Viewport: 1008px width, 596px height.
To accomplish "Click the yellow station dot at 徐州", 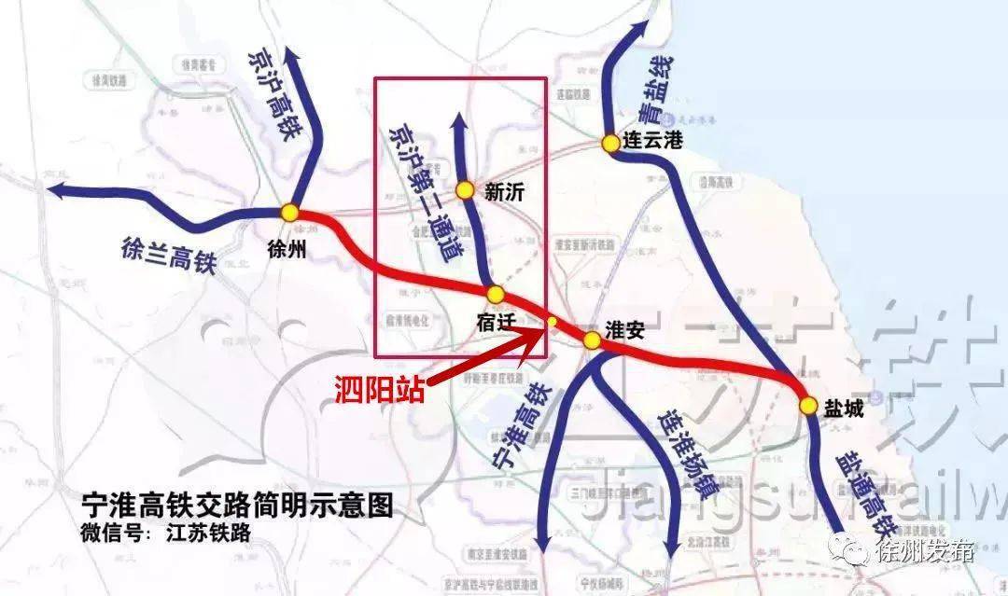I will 290,214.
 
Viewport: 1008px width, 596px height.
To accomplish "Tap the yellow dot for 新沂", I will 465,190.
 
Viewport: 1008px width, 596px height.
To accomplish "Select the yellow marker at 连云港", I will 610,144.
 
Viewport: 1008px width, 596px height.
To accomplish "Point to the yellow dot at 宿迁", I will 496,295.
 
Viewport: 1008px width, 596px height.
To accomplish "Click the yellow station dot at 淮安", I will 592,340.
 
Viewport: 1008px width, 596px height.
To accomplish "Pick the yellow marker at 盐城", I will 808,406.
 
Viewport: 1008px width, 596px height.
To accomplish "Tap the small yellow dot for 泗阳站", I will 552,323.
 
